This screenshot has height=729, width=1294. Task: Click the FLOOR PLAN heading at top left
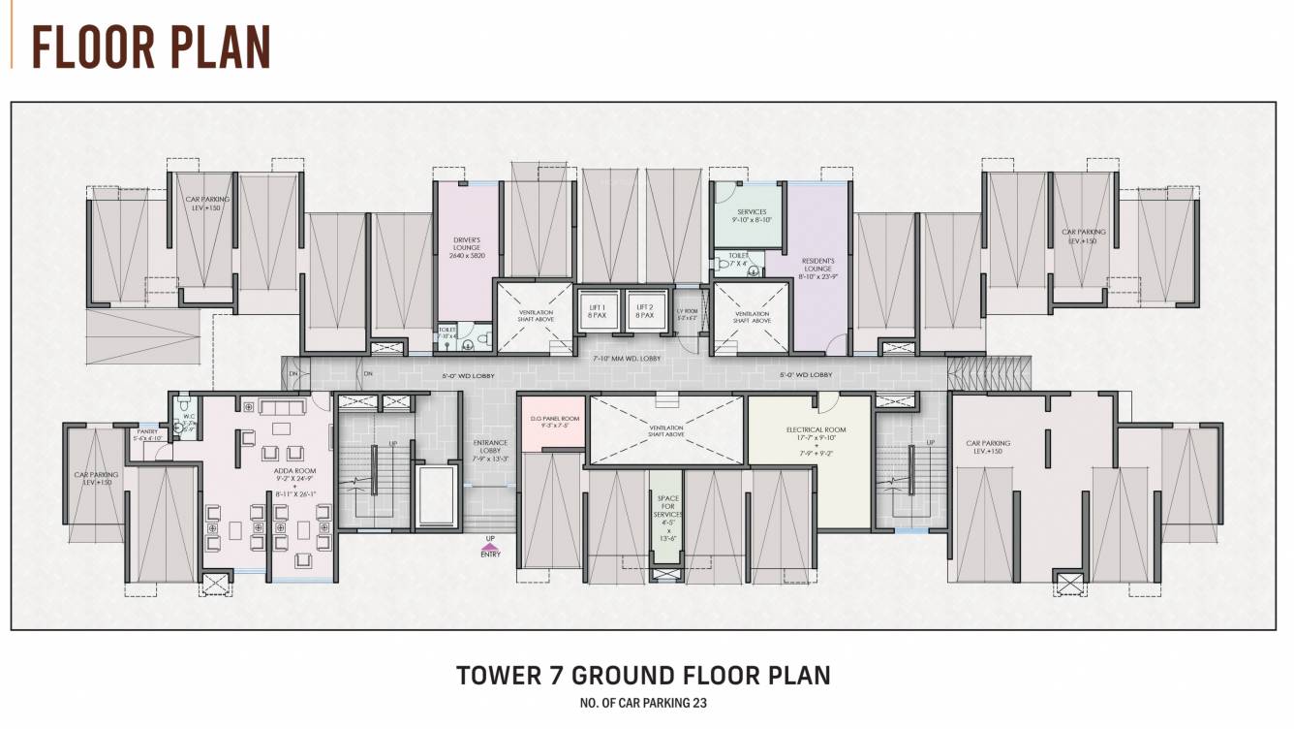pos(151,45)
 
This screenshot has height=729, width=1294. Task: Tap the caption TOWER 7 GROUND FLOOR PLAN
pos(643,675)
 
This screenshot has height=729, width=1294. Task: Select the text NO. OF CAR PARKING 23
pos(644,703)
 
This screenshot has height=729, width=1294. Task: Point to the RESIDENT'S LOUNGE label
pos(818,268)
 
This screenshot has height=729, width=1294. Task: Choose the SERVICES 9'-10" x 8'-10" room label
pos(752,216)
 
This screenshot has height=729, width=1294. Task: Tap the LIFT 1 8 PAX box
pos(598,310)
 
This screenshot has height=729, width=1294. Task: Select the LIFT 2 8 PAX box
pos(645,310)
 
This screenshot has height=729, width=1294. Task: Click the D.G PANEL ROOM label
pos(554,421)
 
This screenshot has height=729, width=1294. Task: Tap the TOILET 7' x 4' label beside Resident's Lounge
pos(739,260)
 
